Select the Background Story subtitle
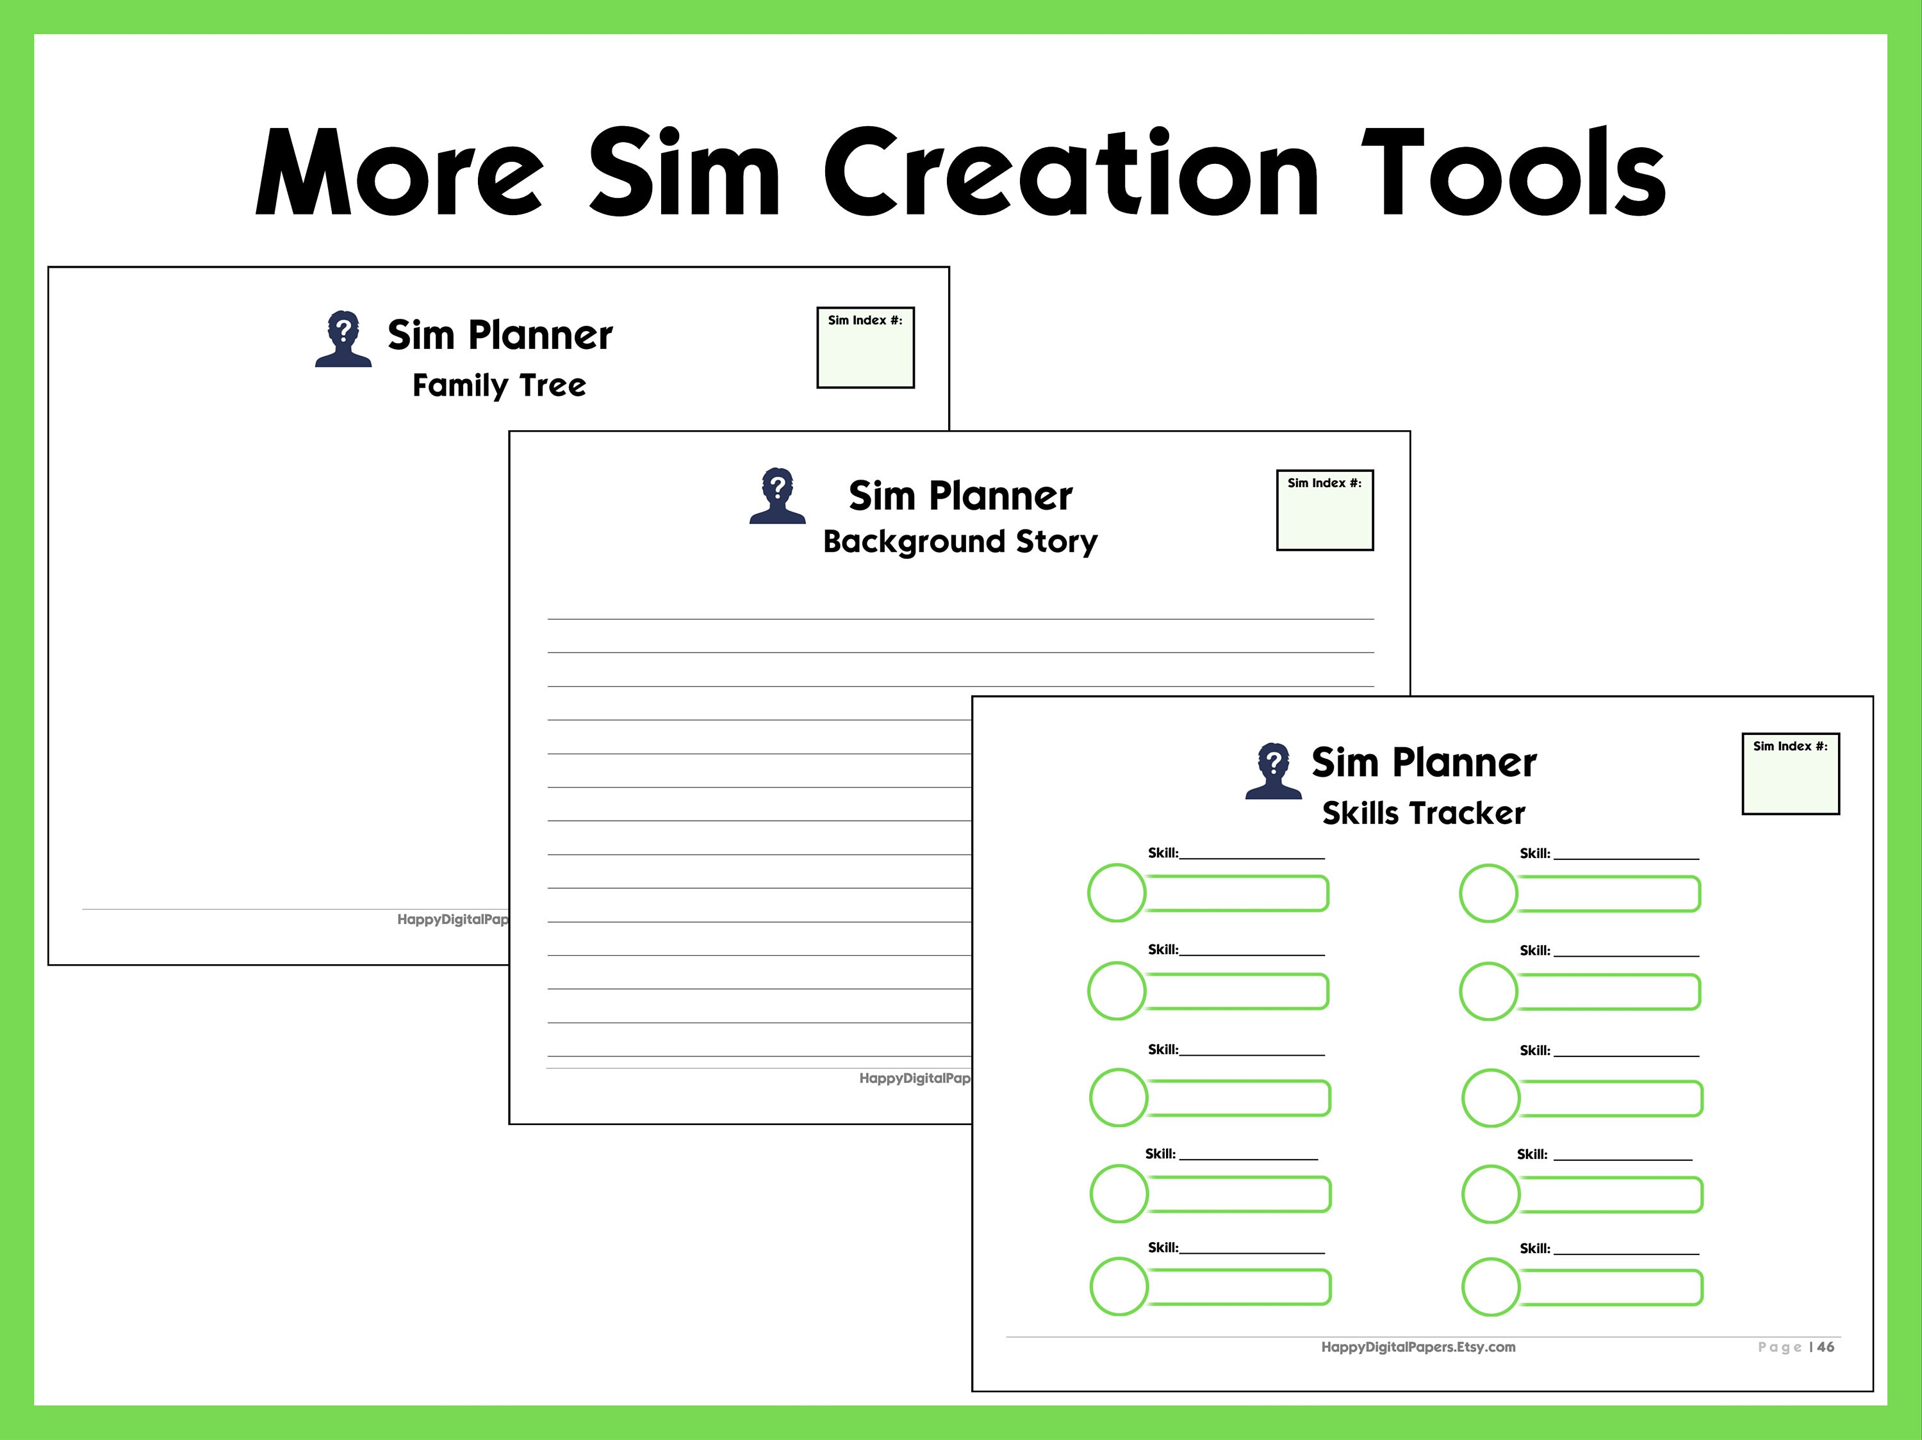(960, 541)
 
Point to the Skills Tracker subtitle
(1424, 813)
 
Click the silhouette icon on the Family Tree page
(343, 339)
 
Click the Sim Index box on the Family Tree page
(866, 348)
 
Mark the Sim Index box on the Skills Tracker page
(1791, 774)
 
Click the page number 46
(1825, 1347)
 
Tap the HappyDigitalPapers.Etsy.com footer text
(1418, 1347)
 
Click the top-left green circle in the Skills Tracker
(1117, 893)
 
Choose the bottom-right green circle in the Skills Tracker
(1490, 1286)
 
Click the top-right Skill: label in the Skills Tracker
(1534, 853)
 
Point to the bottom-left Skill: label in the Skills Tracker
(1163, 1248)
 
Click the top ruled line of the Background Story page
(960, 619)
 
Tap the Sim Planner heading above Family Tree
(500, 336)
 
